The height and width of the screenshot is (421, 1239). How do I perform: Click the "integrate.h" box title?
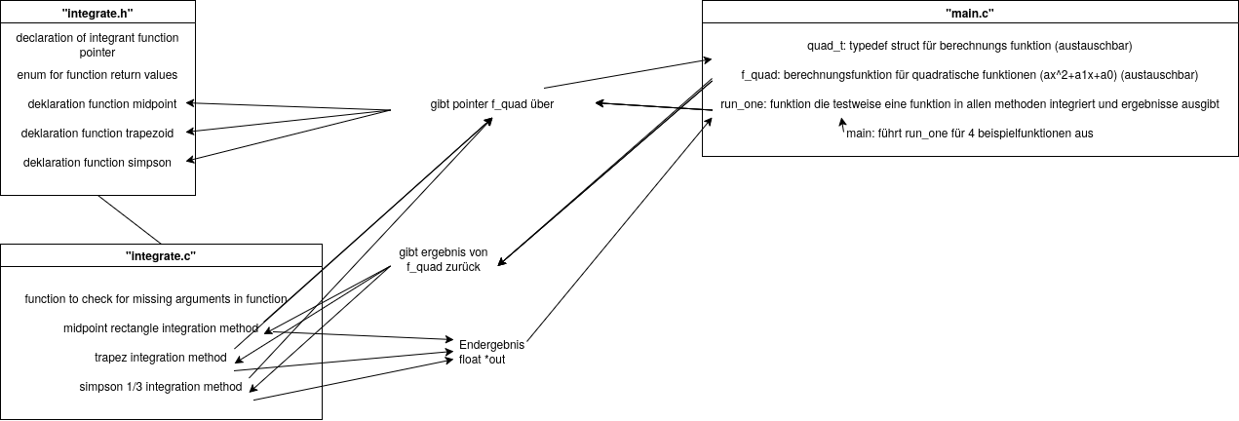point(97,12)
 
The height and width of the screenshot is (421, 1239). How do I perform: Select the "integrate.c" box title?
point(161,254)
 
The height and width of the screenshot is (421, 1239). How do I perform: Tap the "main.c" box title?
point(969,13)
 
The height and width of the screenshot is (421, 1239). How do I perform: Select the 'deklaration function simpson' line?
point(97,162)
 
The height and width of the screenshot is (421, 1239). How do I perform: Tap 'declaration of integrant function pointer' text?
point(97,45)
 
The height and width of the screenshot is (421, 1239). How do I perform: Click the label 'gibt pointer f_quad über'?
point(491,104)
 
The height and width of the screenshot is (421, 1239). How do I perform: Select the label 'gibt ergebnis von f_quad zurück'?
point(444,259)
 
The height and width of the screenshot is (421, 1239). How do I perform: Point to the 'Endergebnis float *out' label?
point(491,352)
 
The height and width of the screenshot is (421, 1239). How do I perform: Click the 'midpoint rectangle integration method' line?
point(160,327)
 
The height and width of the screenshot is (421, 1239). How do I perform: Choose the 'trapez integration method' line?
point(160,358)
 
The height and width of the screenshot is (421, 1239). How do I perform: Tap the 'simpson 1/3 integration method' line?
point(160,387)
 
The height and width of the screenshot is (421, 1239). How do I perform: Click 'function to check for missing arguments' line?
point(156,299)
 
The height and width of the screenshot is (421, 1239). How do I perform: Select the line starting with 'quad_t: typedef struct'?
point(969,46)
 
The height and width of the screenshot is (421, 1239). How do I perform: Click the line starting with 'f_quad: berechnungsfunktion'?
point(969,75)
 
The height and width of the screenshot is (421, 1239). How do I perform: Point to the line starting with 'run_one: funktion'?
point(969,104)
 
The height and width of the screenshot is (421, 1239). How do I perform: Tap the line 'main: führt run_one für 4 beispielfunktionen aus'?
point(969,134)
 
